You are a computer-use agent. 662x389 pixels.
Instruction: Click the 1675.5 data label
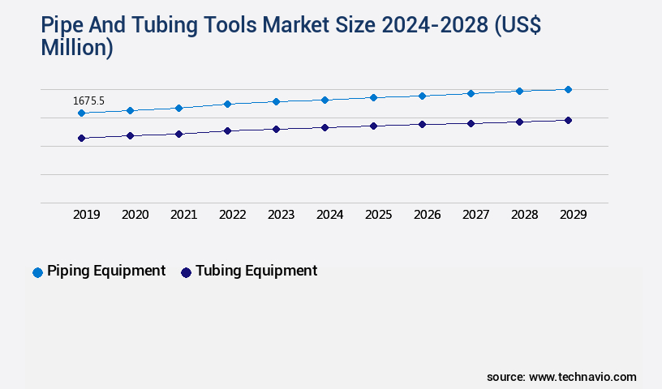point(88,101)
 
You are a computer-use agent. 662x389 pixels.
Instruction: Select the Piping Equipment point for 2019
point(81,113)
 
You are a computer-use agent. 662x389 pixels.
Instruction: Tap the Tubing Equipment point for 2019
point(81,138)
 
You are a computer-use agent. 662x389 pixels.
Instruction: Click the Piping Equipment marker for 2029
point(568,89)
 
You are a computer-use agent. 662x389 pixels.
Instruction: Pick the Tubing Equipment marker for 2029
point(568,120)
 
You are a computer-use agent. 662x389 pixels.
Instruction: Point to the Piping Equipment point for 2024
point(325,100)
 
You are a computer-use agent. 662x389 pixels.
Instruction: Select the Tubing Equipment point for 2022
point(227,130)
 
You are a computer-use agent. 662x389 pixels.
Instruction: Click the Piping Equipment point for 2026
point(422,96)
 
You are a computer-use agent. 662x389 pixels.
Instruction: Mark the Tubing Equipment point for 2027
point(471,123)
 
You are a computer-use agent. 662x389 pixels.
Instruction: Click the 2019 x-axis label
point(86,215)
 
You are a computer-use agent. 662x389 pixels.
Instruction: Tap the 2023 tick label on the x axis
point(281,215)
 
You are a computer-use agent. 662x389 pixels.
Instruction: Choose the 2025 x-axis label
point(378,215)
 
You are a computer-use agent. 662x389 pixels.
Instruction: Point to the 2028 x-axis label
point(524,215)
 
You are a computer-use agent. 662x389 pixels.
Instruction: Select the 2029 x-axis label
point(573,215)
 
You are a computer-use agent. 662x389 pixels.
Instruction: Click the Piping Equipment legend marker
point(37,272)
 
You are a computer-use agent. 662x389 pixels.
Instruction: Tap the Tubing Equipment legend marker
point(186,272)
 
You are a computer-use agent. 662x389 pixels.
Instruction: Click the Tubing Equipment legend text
point(256,271)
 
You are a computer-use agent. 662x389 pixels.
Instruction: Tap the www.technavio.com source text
point(582,377)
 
